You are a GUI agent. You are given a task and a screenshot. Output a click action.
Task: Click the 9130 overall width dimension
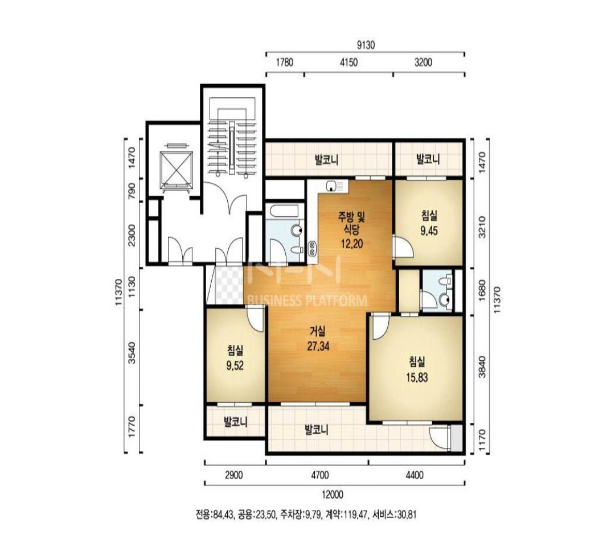pyautogui.click(x=366, y=46)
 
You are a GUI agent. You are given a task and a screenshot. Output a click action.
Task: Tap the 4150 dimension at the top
pyautogui.click(x=348, y=63)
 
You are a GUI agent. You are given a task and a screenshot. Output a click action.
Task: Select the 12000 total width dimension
pyautogui.click(x=332, y=495)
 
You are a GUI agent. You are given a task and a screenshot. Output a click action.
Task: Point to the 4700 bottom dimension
pyautogui.click(x=319, y=475)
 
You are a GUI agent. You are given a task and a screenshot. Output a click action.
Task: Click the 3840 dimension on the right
pyautogui.click(x=482, y=367)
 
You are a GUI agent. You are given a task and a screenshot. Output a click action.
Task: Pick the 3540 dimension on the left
pyautogui.click(x=132, y=353)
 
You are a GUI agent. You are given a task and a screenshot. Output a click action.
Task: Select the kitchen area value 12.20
pyautogui.click(x=351, y=244)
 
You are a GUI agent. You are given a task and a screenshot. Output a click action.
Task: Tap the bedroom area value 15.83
pyautogui.click(x=417, y=377)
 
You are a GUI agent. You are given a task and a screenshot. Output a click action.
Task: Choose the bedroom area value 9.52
pyautogui.click(x=235, y=366)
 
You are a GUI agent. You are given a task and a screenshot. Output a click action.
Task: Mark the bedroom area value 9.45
pyautogui.click(x=429, y=231)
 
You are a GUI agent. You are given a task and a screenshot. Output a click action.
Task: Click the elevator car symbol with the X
pyautogui.click(x=177, y=168)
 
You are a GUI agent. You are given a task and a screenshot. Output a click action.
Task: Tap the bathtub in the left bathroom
pyautogui.click(x=285, y=211)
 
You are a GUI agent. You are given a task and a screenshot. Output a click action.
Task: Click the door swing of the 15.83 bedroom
pyautogui.click(x=380, y=327)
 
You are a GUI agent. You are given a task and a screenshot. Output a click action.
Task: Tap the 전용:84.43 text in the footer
pyautogui.click(x=215, y=514)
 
